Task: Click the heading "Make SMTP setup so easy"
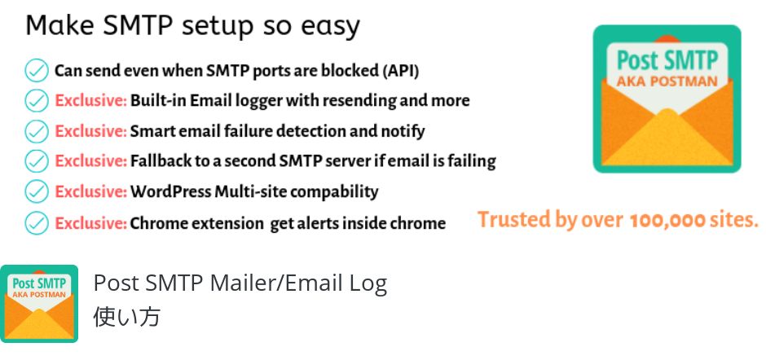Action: coord(192,25)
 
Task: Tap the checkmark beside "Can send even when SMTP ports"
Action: coord(37,70)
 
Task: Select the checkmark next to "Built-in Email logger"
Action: coord(37,101)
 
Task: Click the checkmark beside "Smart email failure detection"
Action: coord(37,131)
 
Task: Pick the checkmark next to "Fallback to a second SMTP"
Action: coord(37,160)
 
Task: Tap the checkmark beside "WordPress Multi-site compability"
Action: coord(37,191)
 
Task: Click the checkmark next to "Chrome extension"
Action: coord(37,222)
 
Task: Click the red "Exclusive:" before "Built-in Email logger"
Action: coord(91,101)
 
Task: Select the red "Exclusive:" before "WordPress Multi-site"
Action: coord(91,191)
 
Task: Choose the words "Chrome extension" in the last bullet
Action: coord(196,223)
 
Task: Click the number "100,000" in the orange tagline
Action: coord(667,221)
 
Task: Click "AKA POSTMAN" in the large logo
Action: coord(667,81)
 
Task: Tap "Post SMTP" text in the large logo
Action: coord(667,60)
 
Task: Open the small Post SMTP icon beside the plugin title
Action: coord(39,303)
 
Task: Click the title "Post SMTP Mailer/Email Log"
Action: coord(240,283)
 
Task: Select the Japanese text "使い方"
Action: coord(126,317)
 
